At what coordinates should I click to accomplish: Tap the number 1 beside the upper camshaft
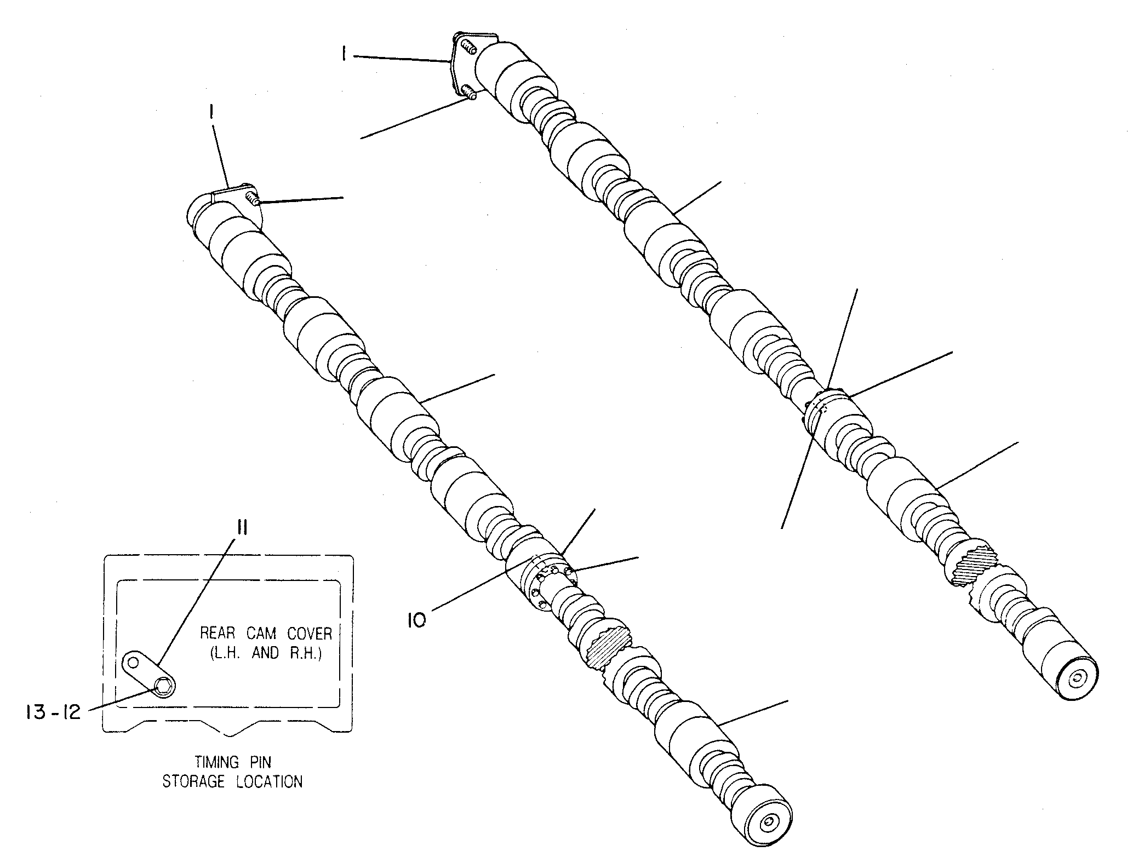pyautogui.click(x=344, y=55)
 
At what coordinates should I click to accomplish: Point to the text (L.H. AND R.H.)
pyautogui.click(x=266, y=654)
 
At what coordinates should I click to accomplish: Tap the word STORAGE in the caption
pyautogui.click(x=194, y=781)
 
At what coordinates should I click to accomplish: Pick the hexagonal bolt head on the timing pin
pyautogui.click(x=163, y=685)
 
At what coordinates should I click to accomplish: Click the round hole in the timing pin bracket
pyautogui.click(x=132, y=663)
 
